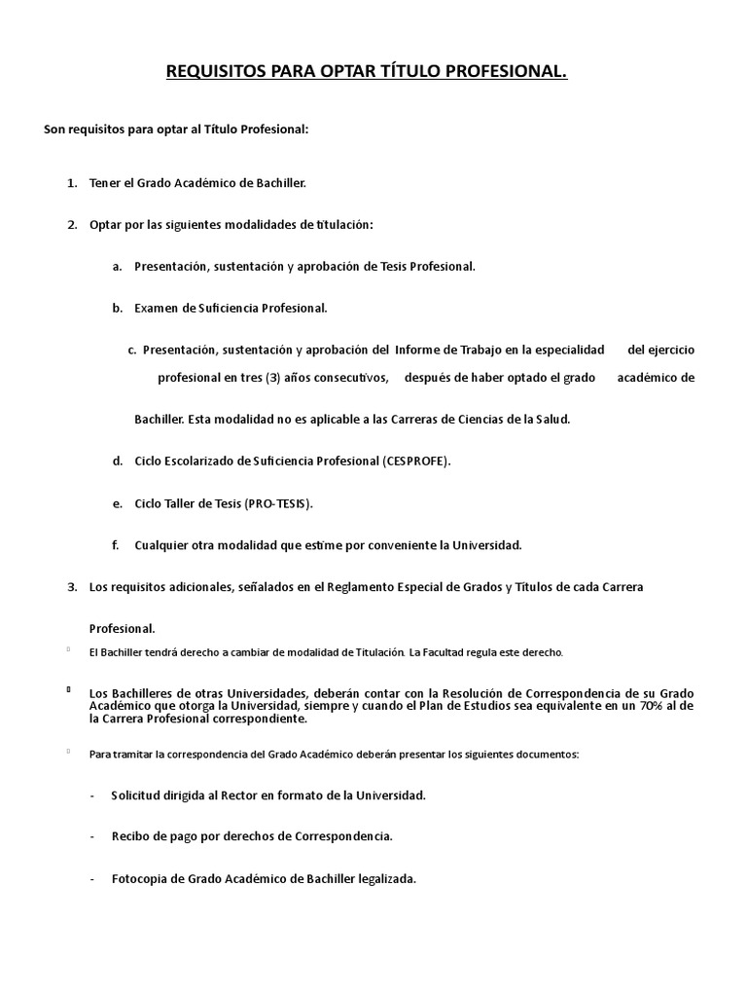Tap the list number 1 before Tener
[71, 183]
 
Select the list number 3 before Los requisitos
[71, 587]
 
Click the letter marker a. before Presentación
[117, 266]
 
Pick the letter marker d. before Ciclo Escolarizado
[117, 461]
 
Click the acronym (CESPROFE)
[417, 461]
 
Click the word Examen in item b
[155, 308]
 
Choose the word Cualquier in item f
[163, 545]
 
